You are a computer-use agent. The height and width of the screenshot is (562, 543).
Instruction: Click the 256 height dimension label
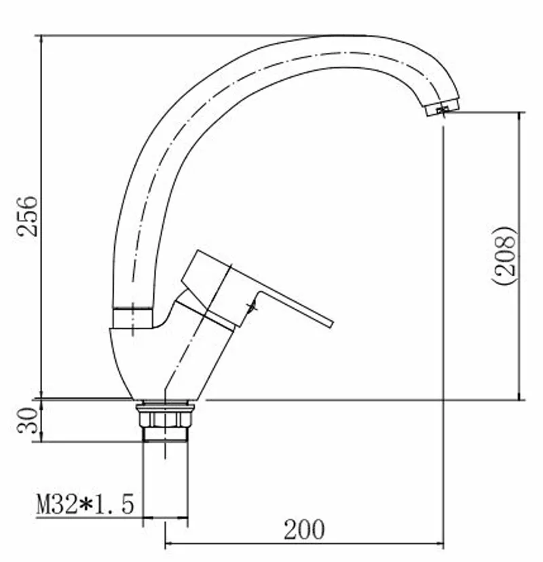pos(28,216)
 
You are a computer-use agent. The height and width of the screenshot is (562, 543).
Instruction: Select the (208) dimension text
pos(504,255)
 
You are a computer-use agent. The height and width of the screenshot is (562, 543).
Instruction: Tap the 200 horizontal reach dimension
pos(304,529)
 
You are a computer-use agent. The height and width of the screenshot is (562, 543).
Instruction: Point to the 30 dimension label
pos(28,420)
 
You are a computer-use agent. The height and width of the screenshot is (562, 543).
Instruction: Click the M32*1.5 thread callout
pos(86,504)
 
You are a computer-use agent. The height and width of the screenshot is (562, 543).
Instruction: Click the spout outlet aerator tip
pos(443,107)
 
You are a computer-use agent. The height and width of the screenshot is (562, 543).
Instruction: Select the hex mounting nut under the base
pos(165,419)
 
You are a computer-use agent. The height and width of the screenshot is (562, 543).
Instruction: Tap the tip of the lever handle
pos(331,322)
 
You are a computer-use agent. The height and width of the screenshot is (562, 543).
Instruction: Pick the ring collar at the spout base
pos(133,318)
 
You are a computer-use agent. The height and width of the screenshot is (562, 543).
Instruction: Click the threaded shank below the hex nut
pos(165,434)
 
